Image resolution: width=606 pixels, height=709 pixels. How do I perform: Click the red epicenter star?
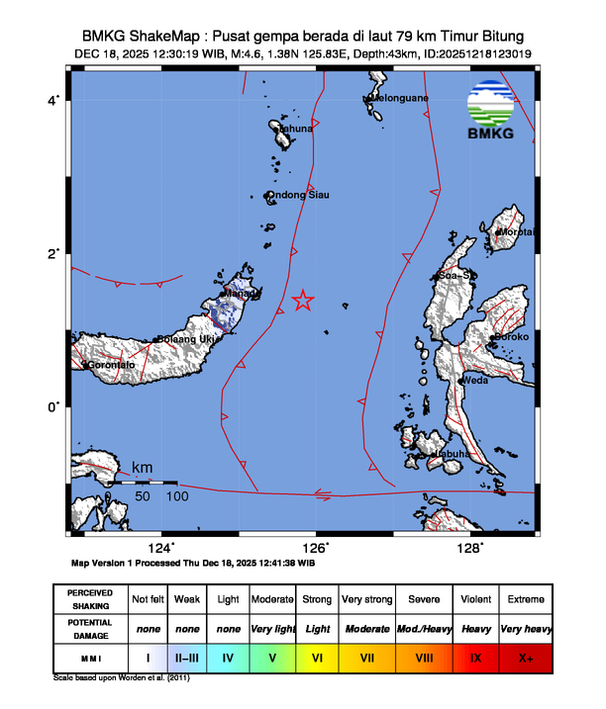(303, 301)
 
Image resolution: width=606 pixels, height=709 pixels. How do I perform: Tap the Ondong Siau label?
(299, 195)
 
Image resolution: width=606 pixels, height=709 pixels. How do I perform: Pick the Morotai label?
(517, 232)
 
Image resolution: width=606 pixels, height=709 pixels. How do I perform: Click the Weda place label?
(476, 380)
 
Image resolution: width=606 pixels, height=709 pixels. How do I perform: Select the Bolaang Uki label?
(189, 340)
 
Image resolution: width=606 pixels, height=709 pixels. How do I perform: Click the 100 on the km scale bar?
(177, 495)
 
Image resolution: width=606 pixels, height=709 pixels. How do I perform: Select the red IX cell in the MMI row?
(475, 656)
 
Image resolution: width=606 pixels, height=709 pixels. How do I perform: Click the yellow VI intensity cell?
(318, 656)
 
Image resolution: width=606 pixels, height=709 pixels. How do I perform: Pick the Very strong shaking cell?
(366, 599)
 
